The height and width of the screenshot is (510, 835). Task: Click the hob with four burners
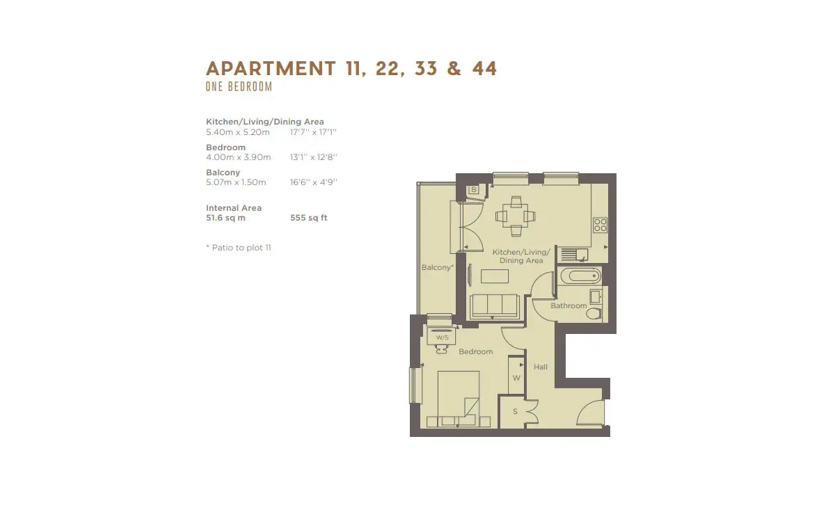600,225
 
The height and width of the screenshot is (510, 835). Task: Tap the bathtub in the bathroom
581,276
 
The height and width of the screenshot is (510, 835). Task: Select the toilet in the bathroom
594,313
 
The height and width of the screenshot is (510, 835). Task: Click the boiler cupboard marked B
474,190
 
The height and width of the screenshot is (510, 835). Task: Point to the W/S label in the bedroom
443,337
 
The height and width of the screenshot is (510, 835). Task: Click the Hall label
541,367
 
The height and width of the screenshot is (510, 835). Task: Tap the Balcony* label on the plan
438,267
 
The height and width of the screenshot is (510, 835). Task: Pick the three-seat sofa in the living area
495,307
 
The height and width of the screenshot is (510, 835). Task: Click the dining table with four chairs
516,216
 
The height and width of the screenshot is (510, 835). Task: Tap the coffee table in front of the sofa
495,276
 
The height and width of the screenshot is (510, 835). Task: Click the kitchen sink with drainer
574,255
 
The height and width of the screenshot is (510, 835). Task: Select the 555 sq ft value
309,218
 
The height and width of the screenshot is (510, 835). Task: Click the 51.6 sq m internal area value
225,218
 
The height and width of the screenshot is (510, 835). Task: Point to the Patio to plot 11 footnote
239,248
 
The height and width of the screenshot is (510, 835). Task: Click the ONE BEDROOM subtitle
239,86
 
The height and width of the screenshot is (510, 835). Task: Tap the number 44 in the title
484,68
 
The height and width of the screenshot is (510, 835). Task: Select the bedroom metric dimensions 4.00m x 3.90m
239,157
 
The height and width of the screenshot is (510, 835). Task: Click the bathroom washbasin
596,297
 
